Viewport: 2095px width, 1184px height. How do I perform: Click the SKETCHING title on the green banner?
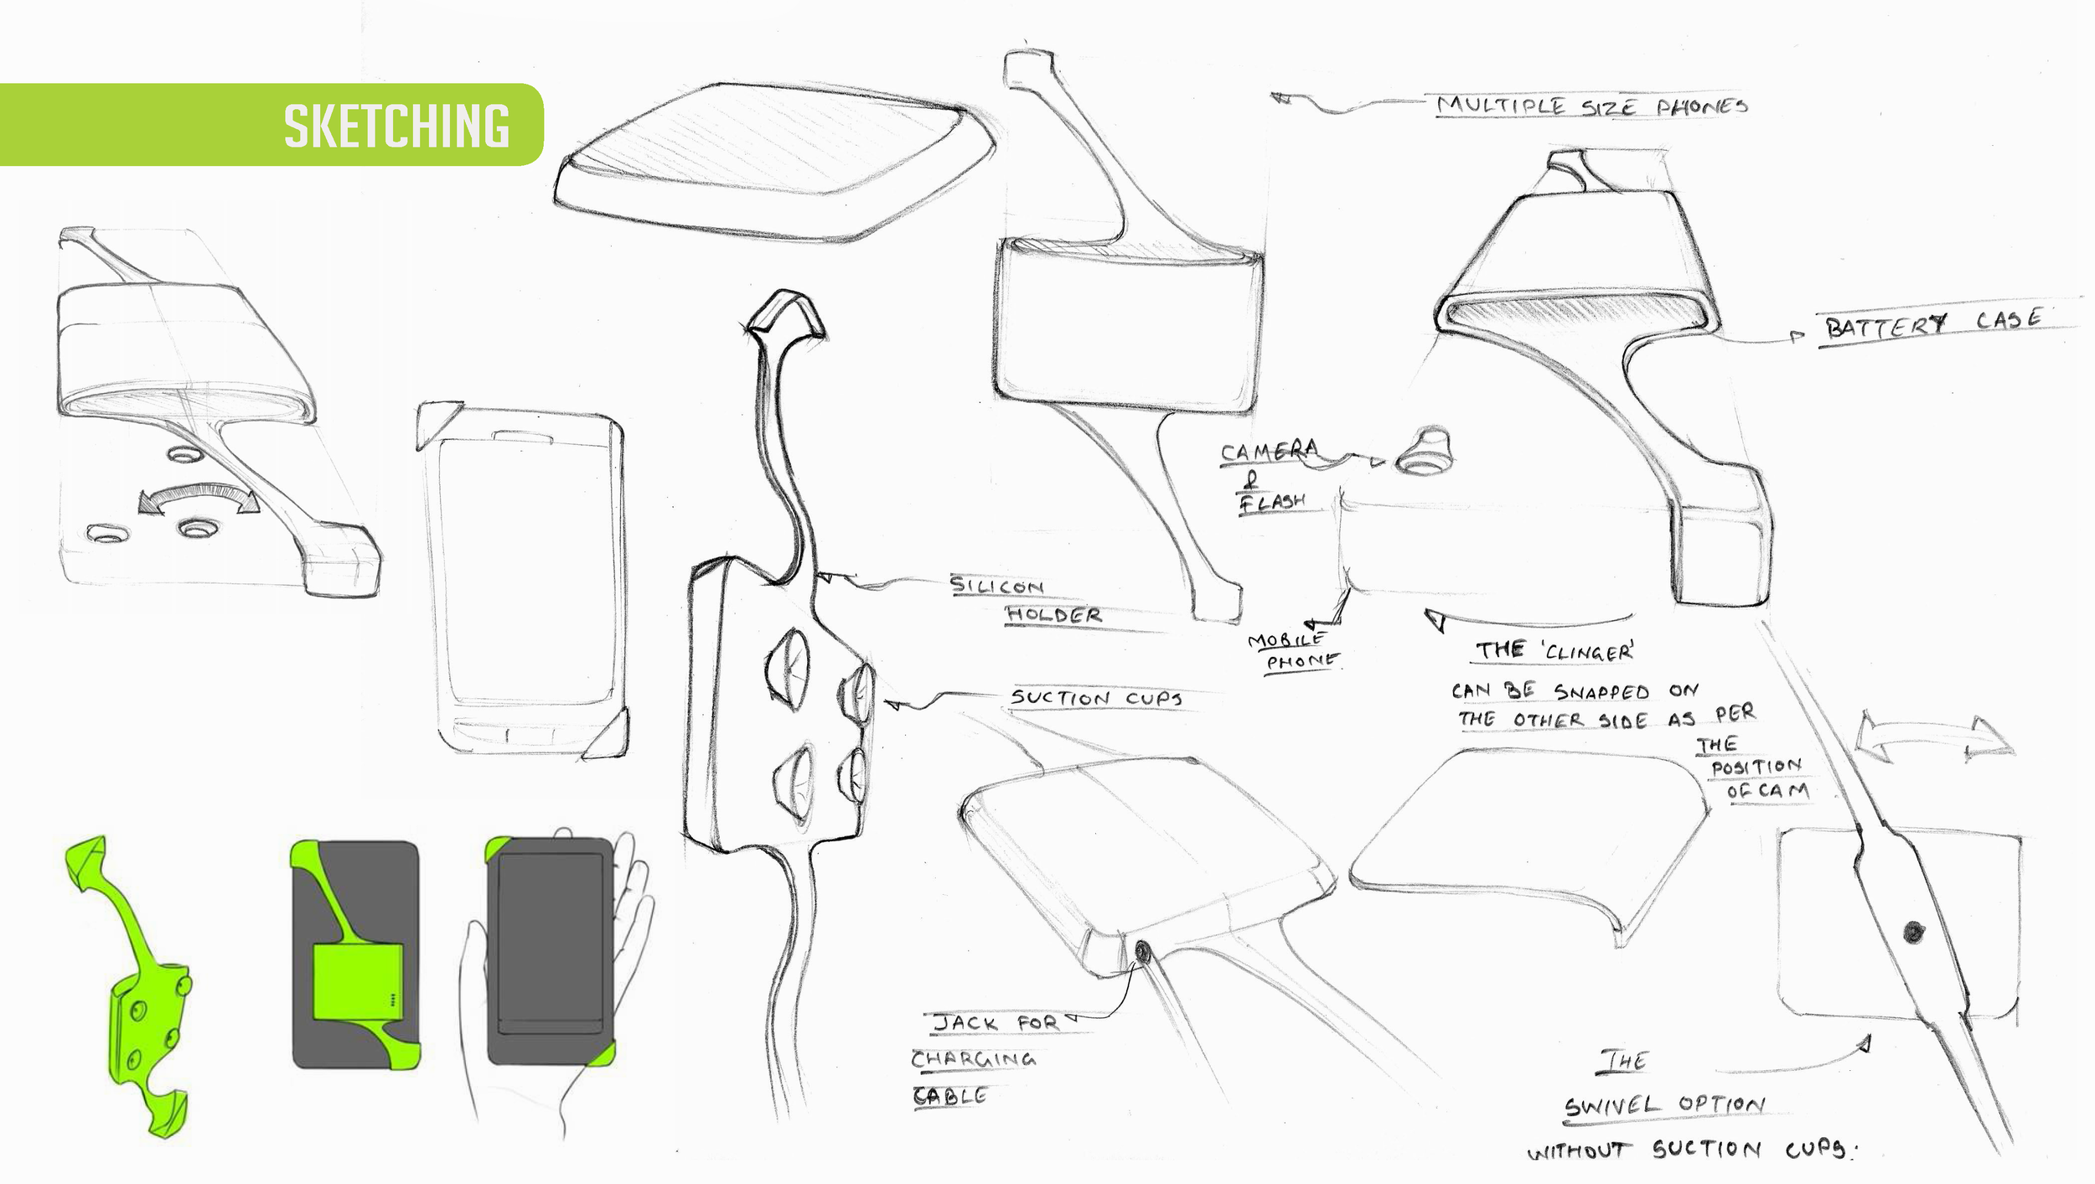pyautogui.click(x=396, y=126)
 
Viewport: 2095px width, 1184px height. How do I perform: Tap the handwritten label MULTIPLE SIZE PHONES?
pyautogui.click(x=1592, y=106)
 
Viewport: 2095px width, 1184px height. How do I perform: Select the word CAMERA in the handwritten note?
pyautogui.click(x=1269, y=452)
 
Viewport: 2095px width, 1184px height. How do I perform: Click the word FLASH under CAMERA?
pyautogui.click(x=1273, y=502)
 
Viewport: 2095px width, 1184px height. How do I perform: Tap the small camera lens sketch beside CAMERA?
pyautogui.click(x=1423, y=452)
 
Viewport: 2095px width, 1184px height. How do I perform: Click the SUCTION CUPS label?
pyautogui.click(x=1096, y=698)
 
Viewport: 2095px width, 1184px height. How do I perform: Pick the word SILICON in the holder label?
pyautogui.click(x=996, y=585)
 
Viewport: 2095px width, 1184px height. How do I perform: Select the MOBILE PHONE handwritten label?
pyautogui.click(x=1293, y=651)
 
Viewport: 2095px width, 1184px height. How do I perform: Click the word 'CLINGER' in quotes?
pyautogui.click(x=1588, y=651)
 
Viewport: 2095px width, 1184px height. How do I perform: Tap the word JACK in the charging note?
pyautogui.click(x=966, y=1023)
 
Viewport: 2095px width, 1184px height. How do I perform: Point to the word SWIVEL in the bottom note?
pyautogui.click(x=1611, y=1107)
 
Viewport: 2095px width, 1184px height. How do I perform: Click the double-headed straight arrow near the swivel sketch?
pyautogui.click(x=1935, y=738)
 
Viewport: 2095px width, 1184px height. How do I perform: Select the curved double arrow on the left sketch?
pyautogui.click(x=199, y=497)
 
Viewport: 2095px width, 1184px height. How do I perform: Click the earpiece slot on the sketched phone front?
pyautogui.click(x=523, y=436)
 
